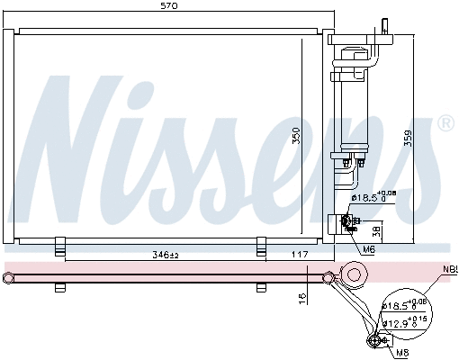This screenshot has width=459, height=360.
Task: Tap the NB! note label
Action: coord(447,270)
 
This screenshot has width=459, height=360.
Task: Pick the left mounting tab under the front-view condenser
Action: coord(60,245)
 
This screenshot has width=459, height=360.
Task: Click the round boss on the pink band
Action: coord(353,273)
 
